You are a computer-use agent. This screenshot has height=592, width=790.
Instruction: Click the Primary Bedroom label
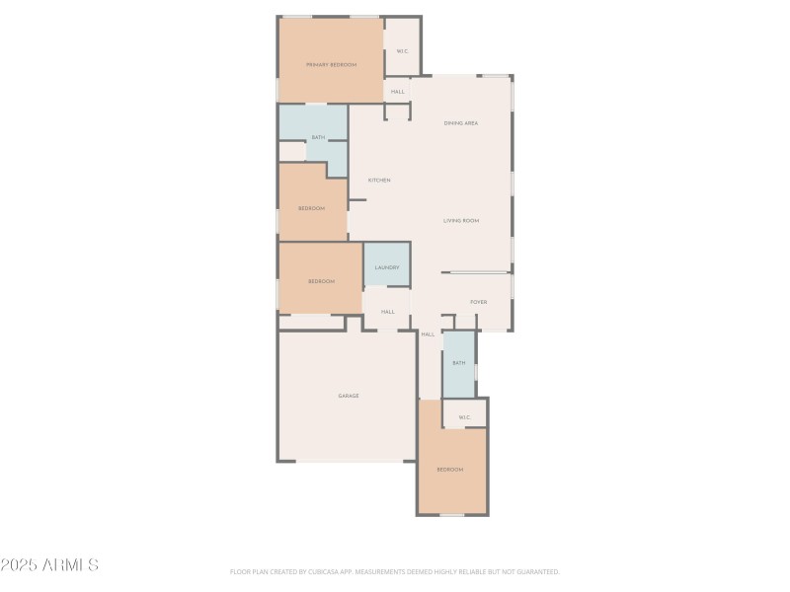(331, 64)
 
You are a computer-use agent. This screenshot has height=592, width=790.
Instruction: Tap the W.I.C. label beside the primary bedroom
(402, 51)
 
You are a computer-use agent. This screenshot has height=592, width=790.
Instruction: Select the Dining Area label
(460, 123)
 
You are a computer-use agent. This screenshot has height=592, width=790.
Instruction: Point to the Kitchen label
(379, 181)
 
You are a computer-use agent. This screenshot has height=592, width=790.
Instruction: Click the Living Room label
(460, 221)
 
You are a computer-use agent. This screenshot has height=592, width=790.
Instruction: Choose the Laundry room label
(386, 267)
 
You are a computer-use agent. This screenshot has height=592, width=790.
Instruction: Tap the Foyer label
(478, 302)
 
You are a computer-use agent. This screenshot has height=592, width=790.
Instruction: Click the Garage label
(349, 396)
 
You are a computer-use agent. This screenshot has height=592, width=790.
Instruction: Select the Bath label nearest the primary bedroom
(318, 137)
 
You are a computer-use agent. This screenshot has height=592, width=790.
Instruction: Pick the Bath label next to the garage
(458, 363)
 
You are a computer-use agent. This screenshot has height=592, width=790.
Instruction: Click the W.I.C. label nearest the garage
(464, 417)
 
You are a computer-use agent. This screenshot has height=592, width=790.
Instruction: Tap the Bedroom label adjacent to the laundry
(321, 281)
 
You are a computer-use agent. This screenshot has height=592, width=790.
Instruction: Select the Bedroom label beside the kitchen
(312, 208)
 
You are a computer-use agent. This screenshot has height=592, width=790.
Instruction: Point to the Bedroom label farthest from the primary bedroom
(450, 470)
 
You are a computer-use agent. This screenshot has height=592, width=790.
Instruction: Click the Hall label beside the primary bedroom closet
(397, 92)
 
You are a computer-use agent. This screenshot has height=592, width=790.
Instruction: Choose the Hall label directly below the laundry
(387, 312)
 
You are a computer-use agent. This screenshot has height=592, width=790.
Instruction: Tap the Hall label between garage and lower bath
(428, 334)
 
